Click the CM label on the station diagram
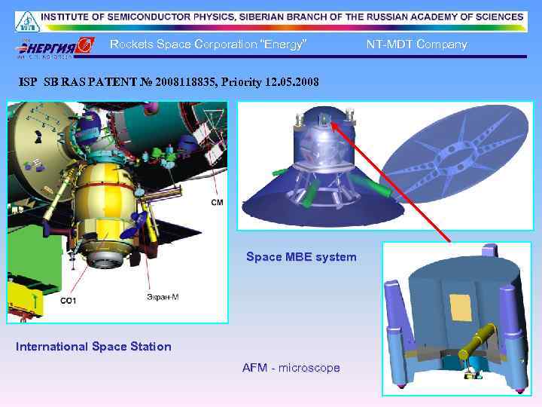[217, 203]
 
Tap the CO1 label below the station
[68, 301]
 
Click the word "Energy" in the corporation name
[282, 44]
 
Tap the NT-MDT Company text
[416, 44]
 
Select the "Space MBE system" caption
[301, 257]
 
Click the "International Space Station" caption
[93, 347]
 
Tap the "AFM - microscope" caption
[291, 368]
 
